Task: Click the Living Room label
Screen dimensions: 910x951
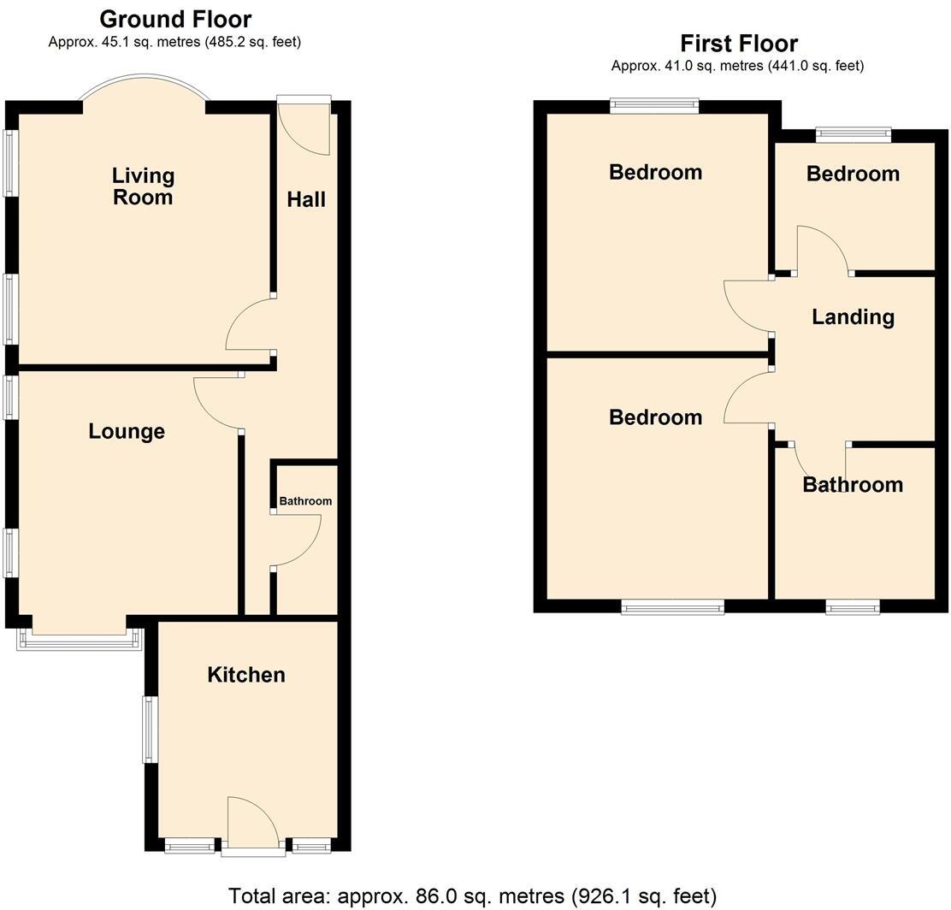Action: [143, 186]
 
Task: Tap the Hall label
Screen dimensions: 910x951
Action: [306, 199]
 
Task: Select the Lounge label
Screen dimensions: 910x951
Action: [127, 431]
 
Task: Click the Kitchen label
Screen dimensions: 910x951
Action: [246, 675]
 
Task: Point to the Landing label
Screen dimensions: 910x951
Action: [853, 316]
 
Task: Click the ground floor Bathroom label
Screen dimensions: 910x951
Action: [305, 501]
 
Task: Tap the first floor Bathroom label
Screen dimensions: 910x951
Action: [853, 485]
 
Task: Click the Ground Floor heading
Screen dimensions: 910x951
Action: [175, 19]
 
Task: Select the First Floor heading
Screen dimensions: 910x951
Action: [738, 43]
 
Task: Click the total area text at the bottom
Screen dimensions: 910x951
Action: [472, 895]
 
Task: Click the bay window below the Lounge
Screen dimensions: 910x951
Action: [79, 640]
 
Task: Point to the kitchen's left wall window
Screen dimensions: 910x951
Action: [149, 730]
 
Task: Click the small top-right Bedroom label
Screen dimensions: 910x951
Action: [853, 174]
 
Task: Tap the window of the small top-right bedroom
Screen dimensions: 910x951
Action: [853, 133]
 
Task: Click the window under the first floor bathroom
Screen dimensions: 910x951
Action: [853, 607]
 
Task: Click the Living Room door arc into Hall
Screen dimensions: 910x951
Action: [249, 324]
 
